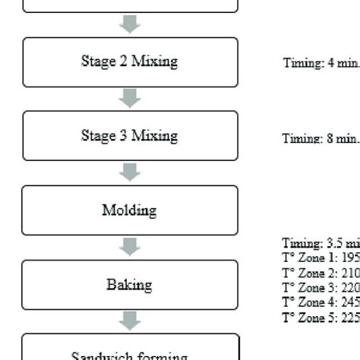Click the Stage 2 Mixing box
130,62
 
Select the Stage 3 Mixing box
130,135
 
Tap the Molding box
130,210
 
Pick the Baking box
130,285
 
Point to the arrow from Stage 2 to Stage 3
130,98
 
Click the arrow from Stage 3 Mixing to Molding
130,172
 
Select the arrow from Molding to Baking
130,247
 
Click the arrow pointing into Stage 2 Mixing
130,24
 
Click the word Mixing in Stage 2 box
154,62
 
